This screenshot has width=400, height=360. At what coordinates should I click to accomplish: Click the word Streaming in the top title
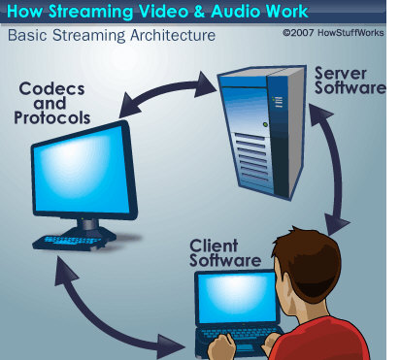[x=90, y=12]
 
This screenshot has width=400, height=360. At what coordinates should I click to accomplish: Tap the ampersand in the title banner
[x=199, y=12]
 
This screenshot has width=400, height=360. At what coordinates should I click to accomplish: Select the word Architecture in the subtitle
[x=173, y=35]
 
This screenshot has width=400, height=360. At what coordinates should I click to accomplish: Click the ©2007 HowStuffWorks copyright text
[x=333, y=33]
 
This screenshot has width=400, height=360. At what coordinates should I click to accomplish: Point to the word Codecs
[x=51, y=89]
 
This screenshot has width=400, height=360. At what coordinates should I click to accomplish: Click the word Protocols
[x=51, y=117]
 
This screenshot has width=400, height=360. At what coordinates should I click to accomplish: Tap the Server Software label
[x=350, y=81]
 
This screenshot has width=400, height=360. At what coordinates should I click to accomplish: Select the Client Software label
[x=225, y=253]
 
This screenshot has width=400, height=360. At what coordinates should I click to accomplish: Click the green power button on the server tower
[x=265, y=124]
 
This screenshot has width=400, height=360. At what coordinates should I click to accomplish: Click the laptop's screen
[x=237, y=298]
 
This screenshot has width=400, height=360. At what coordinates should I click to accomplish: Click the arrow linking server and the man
[x=333, y=168]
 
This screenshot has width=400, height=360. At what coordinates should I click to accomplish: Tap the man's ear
[x=283, y=281]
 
